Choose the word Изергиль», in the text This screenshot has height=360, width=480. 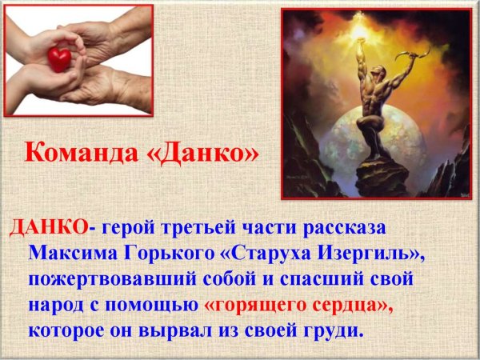[x=380, y=254]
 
